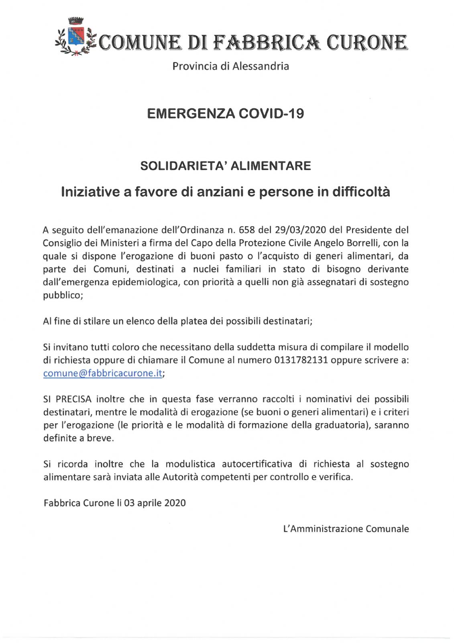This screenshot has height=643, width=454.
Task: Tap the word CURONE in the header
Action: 367,43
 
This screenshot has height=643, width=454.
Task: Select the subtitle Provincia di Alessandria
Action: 230,66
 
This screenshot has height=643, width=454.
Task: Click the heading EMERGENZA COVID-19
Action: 225,114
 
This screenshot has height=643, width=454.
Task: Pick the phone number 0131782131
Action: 306,360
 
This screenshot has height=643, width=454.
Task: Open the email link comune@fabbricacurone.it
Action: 103,373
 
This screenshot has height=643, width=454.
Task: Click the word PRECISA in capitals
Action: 73,399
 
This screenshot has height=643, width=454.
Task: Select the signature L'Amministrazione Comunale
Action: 346,529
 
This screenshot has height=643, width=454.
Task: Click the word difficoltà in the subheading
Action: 361,192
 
